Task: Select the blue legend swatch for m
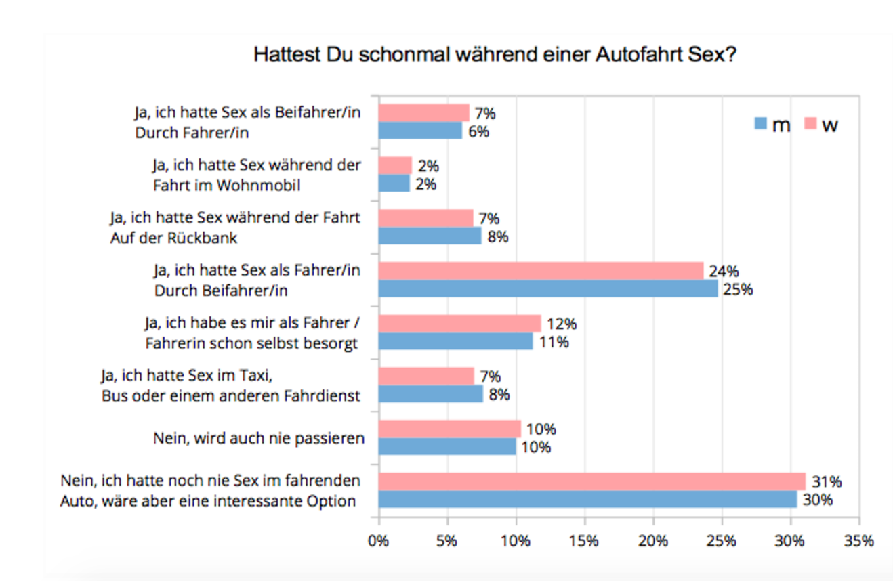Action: coord(760,124)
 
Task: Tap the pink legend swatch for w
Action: coord(810,124)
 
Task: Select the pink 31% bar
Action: coord(591,481)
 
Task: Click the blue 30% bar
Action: coord(587,499)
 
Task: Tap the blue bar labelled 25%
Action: coord(547,288)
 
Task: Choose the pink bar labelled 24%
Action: coord(541,271)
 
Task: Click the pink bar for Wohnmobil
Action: coord(395,165)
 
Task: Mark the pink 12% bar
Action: coord(459,324)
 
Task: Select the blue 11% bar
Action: coord(455,341)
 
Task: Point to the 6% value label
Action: coord(479,131)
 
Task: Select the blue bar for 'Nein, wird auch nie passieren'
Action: coord(447,447)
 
